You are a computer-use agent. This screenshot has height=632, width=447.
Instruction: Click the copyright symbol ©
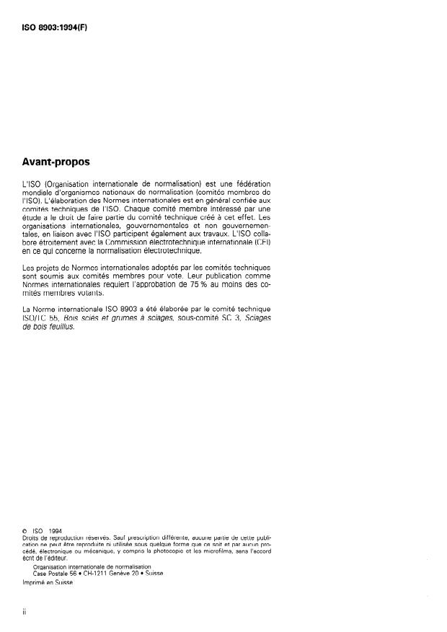25,530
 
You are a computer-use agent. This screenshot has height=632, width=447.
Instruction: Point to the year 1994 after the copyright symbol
61,530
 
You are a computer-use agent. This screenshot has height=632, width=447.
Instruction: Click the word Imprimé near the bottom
34,584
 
